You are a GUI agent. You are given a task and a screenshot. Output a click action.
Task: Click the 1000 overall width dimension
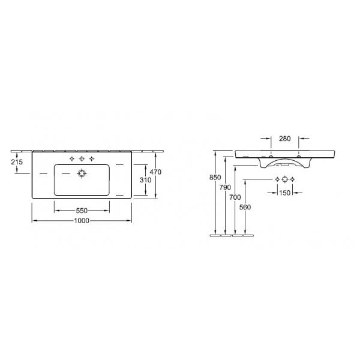click(x=82, y=221)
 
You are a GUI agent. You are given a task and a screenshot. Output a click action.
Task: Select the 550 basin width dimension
click(x=82, y=211)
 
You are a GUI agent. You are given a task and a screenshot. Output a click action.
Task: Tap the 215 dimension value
click(x=17, y=162)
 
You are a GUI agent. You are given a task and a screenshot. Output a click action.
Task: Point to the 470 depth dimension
click(x=155, y=172)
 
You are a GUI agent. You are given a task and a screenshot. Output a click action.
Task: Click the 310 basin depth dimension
click(x=146, y=180)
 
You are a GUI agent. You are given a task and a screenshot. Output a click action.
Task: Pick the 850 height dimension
click(x=215, y=177)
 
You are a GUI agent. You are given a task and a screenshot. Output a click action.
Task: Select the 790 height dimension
click(x=225, y=187)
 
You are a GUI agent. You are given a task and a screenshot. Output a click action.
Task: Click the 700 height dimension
click(x=235, y=197)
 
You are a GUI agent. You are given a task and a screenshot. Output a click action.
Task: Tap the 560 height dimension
click(x=245, y=207)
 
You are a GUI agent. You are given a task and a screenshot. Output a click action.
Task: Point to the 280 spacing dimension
click(x=284, y=139)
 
